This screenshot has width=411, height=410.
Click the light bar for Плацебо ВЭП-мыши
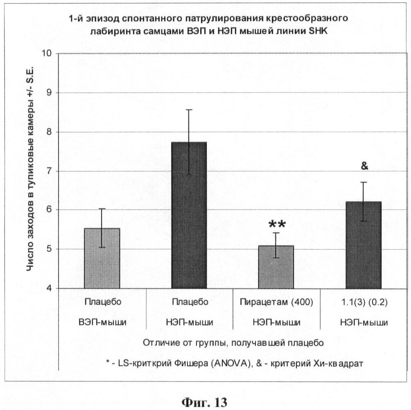coord(102,258)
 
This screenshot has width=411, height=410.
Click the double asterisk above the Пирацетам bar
coord(277,225)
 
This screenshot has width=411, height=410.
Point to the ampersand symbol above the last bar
coord(364,166)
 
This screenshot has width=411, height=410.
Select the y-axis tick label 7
coord(51,171)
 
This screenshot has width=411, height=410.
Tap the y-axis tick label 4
coord(51,288)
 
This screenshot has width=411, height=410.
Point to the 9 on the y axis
coord(51,93)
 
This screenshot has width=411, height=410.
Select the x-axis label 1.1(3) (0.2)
coord(364,302)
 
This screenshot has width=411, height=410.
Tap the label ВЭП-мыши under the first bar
coord(102,322)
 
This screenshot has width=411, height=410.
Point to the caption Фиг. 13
coord(204,401)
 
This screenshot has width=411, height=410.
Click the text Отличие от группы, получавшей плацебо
coord(233,343)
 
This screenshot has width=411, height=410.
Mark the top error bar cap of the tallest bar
coord(189,110)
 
